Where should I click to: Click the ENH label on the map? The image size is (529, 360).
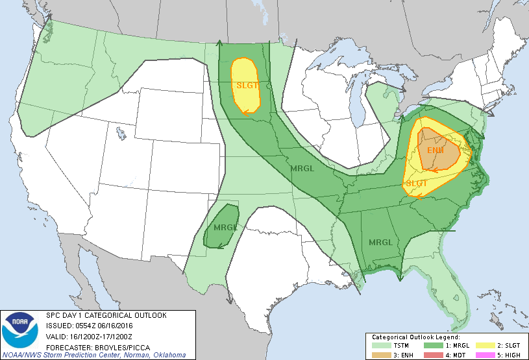(x=436, y=150)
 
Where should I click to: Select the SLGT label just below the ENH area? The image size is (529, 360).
(x=417, y=184)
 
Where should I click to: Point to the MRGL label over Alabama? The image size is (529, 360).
(x=380, y=243)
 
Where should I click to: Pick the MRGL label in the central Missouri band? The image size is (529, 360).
(x=302, y=168)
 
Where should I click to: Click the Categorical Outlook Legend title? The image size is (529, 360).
(x=415, y=337)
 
